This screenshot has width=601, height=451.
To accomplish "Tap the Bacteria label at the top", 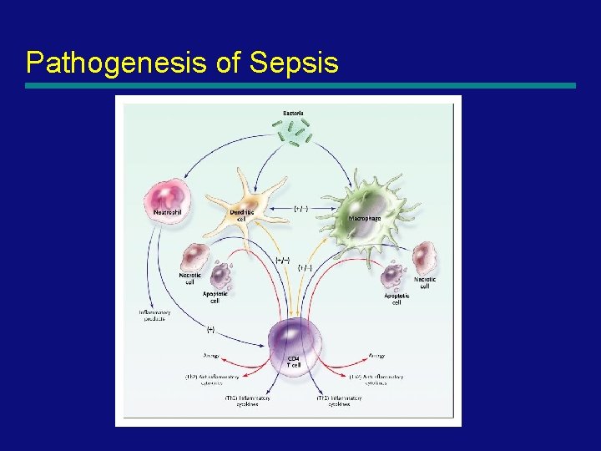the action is coord(292,112).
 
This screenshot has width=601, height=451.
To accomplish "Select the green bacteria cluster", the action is coord(293,132).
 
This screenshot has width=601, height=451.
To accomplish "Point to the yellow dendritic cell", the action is coord(243,195).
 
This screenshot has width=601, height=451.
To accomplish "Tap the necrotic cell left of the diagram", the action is coord(194,256).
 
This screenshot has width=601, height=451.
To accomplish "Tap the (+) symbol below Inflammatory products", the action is coord(210,329).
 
